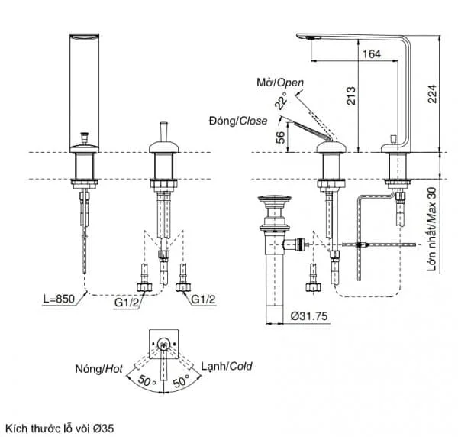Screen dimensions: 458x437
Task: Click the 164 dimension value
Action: click(x=372, y=53)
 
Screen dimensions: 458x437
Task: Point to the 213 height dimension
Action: click(x=351, y=95)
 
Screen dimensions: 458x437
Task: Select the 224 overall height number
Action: click(x=432, y=93)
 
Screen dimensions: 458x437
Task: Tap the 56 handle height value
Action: click(x=280, y=137)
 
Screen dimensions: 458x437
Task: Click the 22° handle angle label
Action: click(x=281, y=100)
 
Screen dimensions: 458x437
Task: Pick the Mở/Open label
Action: click(x=280, y=83)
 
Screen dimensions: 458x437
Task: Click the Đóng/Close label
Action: click(x=238, y=121)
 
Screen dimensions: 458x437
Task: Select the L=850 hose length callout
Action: click(x=59, y=299)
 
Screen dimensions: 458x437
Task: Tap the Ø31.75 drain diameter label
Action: click(x=309, y=316)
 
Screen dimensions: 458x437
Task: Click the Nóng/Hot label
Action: click(x=99, y=369)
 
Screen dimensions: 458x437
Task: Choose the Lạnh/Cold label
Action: click(x=227, y=366)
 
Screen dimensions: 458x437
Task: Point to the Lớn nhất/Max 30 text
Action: click(x=432, y=229)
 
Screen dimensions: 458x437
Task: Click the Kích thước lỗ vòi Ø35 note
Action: click(x=60, y=429)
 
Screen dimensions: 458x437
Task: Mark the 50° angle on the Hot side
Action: click(x=147, y=380)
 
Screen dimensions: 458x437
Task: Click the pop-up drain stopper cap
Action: click(x=275, y=199)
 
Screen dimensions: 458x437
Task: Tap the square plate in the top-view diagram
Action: click(x=163, y=344)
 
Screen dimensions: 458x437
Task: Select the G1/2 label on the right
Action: click(x=203, y=299)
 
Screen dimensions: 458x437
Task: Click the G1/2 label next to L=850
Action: click(x=127, y=303)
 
